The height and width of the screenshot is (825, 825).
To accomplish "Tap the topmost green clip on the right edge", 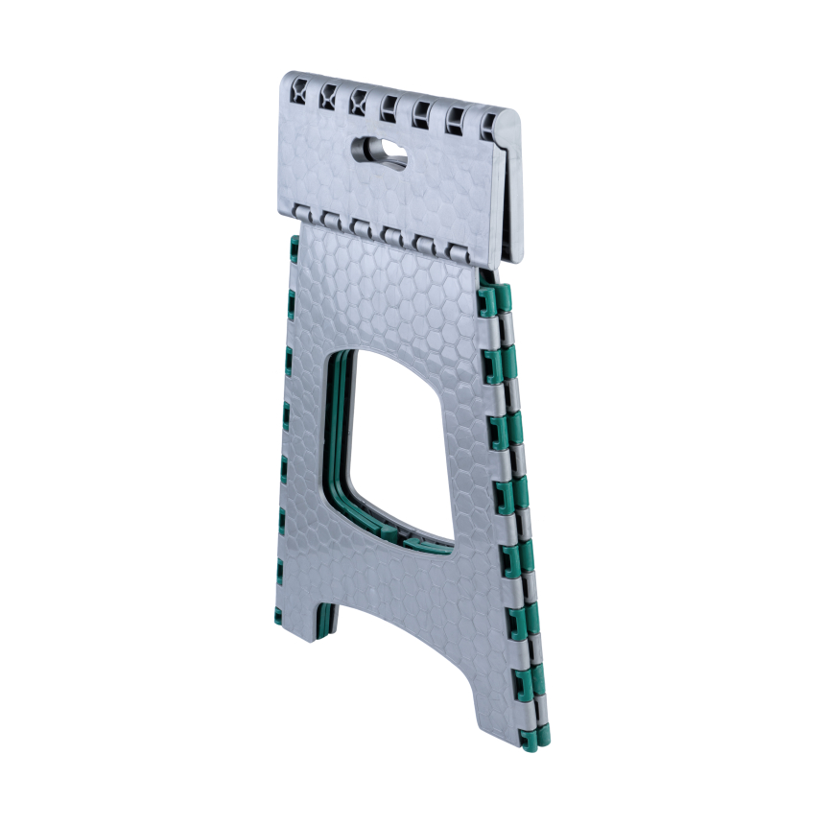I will coord(494,301).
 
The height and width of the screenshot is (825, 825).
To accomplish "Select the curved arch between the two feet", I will coord(403,624).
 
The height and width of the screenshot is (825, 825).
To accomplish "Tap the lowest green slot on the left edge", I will coord(281,577).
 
